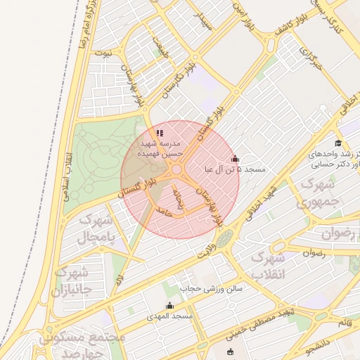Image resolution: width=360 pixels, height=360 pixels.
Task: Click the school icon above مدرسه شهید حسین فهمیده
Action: (160, 131)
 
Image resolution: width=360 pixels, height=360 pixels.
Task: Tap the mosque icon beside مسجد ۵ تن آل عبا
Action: (235, 159)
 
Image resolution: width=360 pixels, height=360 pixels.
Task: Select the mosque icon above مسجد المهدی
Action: (169, 306)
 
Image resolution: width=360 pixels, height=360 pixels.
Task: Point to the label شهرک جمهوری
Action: (320, 194)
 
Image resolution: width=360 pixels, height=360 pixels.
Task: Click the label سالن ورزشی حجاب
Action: (210, 288)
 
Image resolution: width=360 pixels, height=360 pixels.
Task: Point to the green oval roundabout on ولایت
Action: (224, 240)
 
